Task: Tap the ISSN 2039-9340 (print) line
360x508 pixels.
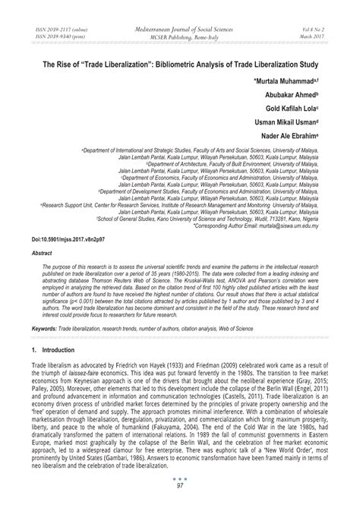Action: click(57, 36)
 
